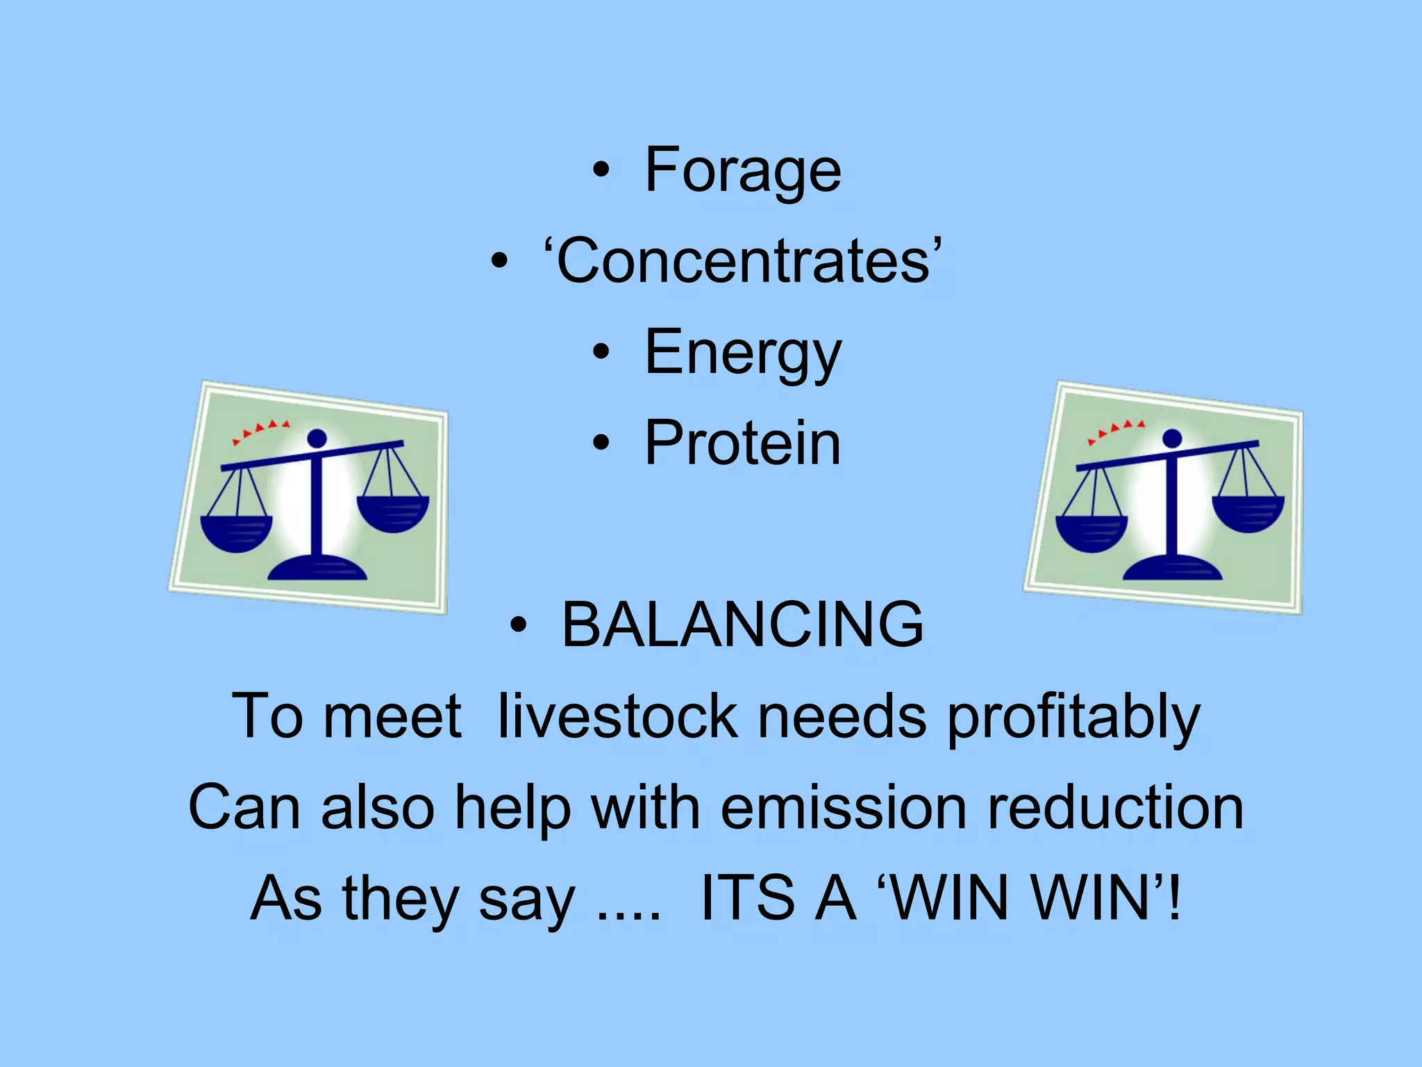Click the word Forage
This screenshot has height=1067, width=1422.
[x=742, y=170]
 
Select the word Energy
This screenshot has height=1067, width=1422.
[x=742, y=353]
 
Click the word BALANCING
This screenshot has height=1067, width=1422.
[x=742, y=625]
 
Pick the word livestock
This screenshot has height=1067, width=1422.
[x=617, y=716]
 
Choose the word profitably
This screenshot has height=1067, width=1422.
[x=1073, y=718]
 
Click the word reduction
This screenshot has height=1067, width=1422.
[x=1115, y=807]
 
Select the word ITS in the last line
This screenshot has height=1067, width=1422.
[x=747, y=898]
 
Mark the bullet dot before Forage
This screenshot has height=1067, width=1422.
[x=601, y=170]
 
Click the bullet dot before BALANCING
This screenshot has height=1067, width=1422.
[x=517, y=625]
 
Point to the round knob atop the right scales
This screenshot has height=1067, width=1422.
[x=1172, y=438]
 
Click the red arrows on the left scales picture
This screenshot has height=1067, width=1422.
[x=260, y=430]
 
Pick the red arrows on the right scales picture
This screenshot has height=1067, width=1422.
[x=1116, y=430]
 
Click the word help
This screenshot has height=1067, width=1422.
[x=512, y=807]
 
